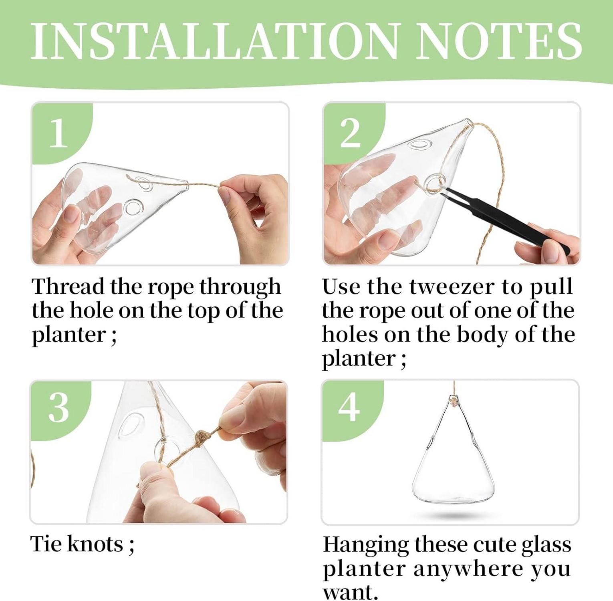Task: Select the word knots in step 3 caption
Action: pyautogui.click(x=95, y=544)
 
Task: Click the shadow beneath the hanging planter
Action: pyautogui.click(x=454, y=514)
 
